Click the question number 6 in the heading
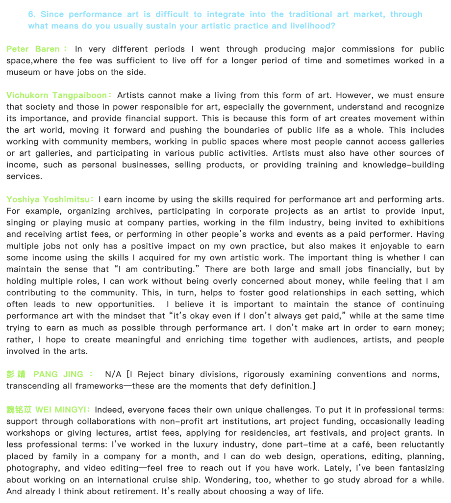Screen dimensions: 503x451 [31, 14]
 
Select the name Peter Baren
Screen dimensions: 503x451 [33, 49]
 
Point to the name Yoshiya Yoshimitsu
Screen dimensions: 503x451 [50, 199]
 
